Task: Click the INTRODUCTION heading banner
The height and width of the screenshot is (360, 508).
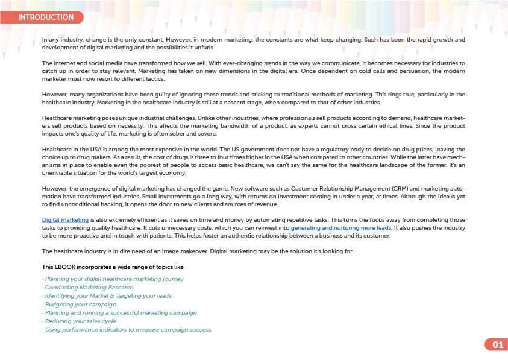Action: tap(46, 17)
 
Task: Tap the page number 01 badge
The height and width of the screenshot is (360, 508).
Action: tap(497, 345)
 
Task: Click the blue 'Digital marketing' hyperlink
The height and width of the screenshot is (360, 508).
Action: tap(65, 220)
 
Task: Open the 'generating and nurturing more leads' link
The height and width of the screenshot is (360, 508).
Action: tap(341, 228)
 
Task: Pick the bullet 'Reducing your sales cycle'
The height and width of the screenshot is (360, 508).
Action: tap(81, 321)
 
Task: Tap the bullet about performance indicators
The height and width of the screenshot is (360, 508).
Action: tap(127, 330)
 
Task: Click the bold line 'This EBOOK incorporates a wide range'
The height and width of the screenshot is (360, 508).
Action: tap(113, 267)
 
